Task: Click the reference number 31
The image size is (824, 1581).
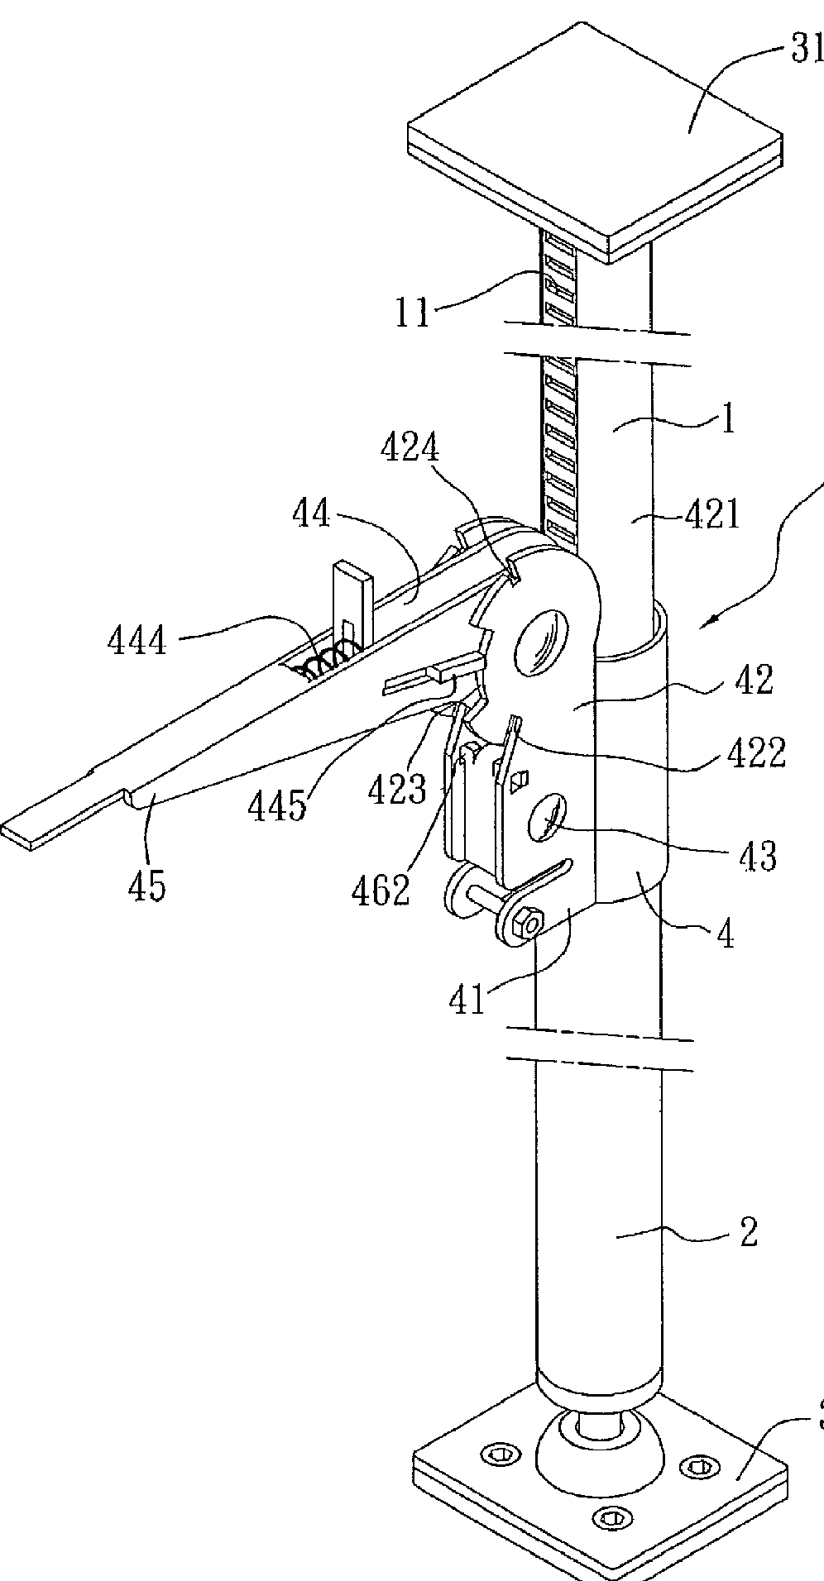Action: tap(805, 51)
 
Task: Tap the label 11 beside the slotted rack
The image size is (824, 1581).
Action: tap(412, 313)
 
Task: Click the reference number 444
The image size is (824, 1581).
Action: tap(137, 640)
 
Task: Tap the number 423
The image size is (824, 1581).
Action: tap(398, 790)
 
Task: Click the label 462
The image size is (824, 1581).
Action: tap(381, 889)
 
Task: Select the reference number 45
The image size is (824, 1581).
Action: tap(146, 885)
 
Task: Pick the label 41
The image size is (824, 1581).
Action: tap(467, 1000)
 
